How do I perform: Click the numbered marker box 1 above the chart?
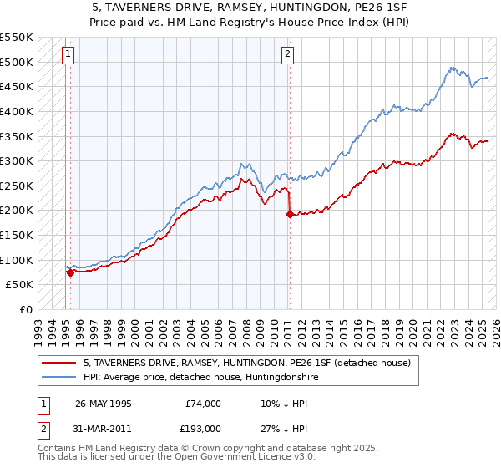pos(67,55)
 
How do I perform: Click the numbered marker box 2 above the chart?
pos(286,55)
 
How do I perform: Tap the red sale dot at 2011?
pos(290,214)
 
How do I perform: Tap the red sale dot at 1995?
pos(70,272)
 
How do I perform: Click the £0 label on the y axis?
pos(27,309)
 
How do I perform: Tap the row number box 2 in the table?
pos(43,428)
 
